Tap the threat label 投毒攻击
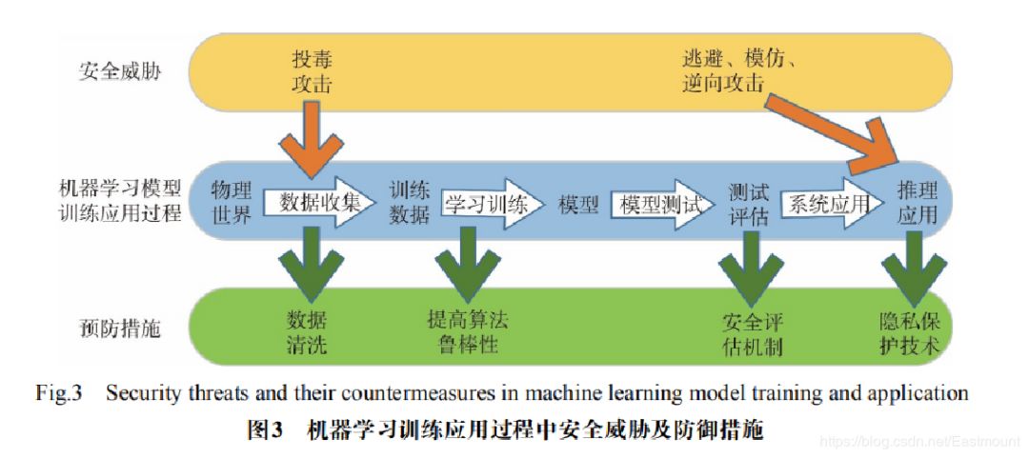313,72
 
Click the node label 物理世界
232,201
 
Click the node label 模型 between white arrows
577,204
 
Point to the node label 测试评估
748,202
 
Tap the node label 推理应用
917,202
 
